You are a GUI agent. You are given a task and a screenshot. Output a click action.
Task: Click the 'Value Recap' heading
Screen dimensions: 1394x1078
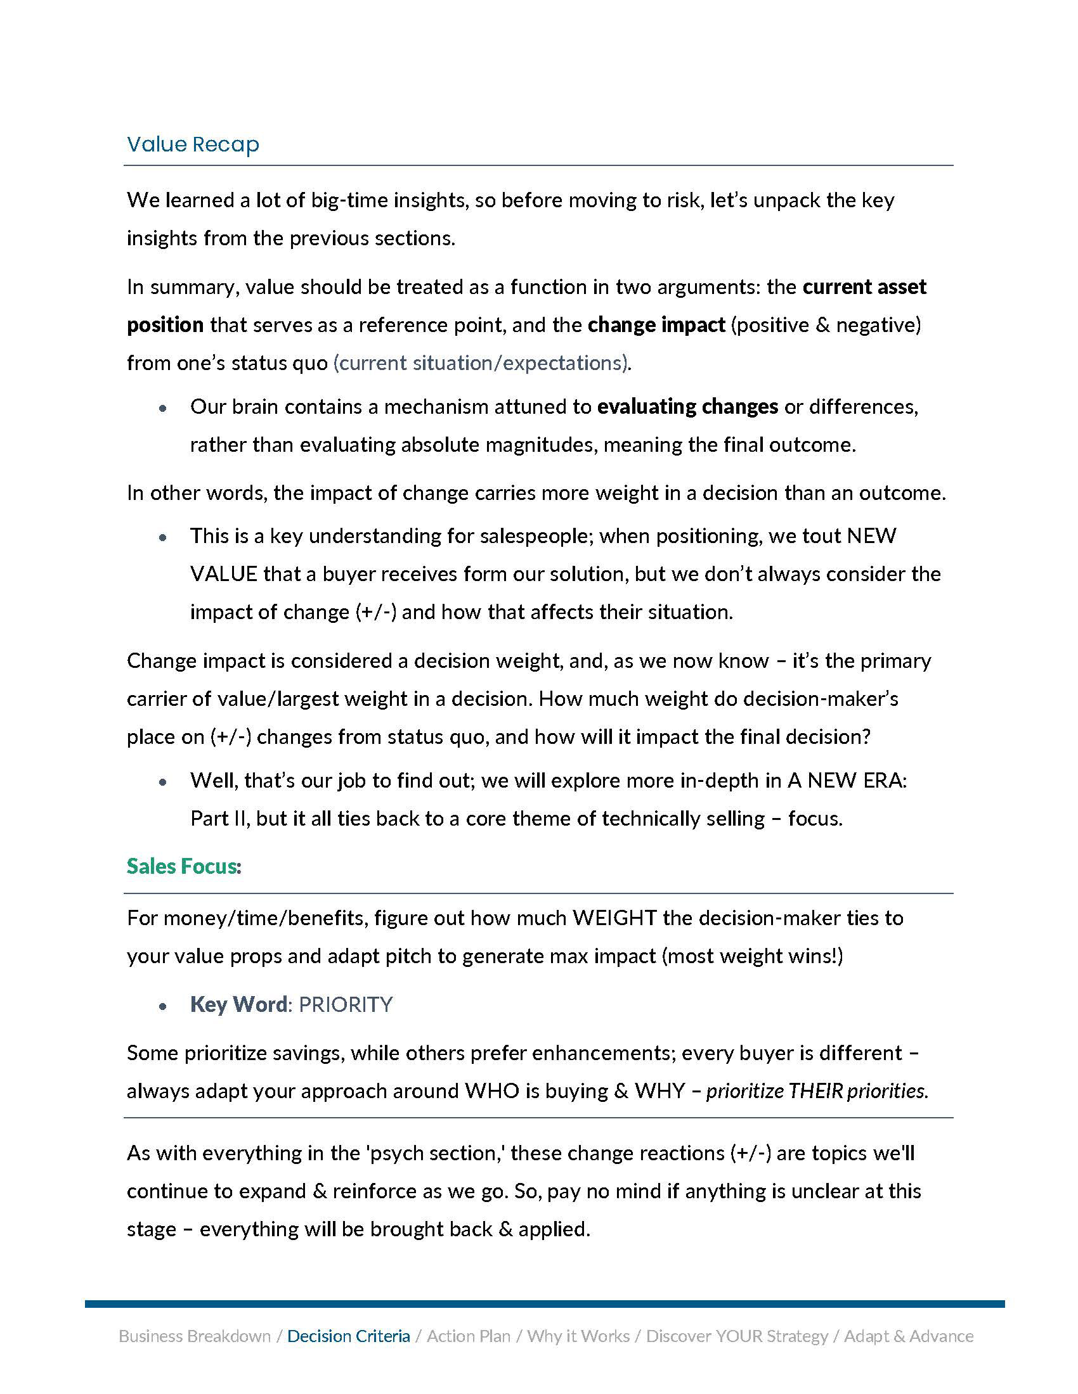pos(193,144)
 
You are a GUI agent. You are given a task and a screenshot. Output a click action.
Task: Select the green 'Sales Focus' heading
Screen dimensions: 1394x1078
pos(182,866)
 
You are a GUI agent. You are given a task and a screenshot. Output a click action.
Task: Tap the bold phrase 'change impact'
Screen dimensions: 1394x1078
pos(656,325)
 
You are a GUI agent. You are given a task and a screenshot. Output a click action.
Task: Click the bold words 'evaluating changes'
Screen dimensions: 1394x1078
pos(687,407)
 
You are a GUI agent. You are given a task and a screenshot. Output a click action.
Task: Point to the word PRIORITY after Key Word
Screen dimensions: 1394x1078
pos(346,1005)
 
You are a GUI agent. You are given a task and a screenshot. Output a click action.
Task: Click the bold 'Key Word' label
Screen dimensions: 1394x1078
pos(238,1005)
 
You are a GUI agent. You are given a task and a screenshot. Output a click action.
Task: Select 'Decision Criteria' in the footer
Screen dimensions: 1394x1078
pos(349,1336)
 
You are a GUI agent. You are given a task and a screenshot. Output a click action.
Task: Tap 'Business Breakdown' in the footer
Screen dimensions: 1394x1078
pos(195,1336)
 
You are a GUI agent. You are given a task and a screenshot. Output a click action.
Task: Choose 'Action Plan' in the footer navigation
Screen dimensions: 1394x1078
pos(468,1336)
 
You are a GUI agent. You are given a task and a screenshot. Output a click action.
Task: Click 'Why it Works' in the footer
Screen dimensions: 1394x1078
pos(578,1336)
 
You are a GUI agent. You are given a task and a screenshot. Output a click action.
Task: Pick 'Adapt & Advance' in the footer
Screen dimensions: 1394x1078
pos(909,1336)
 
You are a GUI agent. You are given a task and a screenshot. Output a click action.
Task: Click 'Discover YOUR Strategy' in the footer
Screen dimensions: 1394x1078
pos(737,1336)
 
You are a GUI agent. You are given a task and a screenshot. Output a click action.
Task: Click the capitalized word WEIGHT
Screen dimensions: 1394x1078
pos(614,919)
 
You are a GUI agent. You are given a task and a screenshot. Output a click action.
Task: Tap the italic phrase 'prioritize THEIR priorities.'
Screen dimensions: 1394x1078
pos(817,1091)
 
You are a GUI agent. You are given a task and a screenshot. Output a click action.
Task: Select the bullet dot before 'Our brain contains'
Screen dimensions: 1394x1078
pos(164,408)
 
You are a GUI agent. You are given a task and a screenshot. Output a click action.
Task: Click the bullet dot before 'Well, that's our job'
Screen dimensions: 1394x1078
pos(164,782)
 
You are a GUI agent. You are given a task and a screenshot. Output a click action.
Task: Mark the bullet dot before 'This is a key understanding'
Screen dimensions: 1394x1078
pos(164,537)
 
